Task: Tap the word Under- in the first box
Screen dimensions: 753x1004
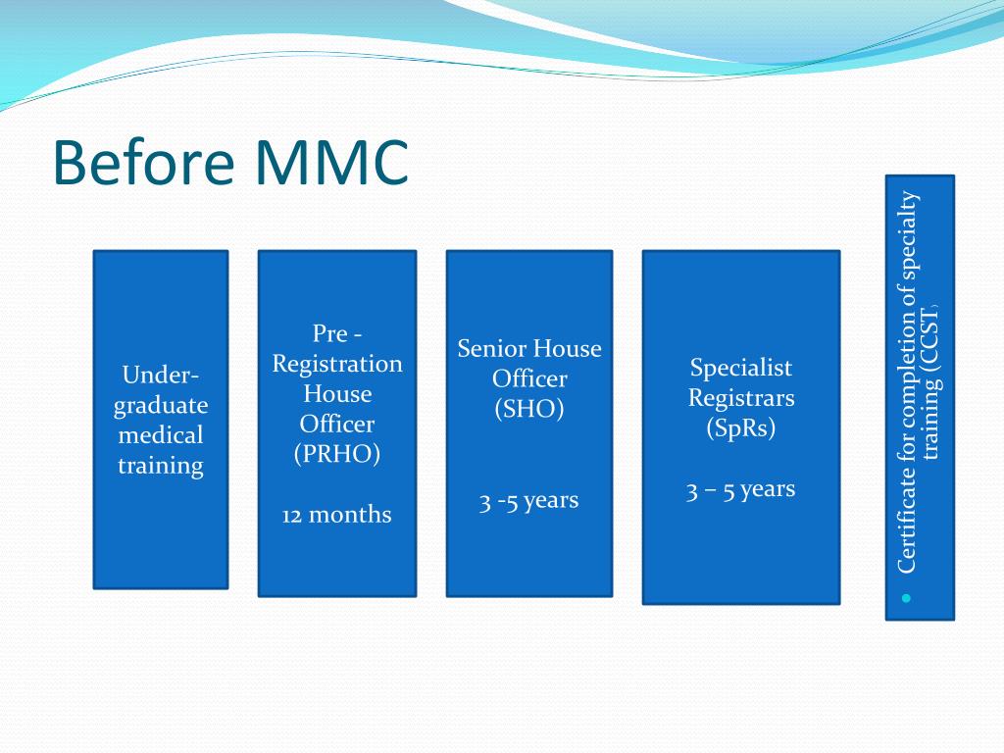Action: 161,375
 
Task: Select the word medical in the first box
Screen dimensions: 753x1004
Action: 161,435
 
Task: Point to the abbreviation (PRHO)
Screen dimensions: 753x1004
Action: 336,455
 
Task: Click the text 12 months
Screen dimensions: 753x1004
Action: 336,515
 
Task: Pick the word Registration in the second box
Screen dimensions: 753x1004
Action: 337,364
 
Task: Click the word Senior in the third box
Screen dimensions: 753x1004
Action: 493,348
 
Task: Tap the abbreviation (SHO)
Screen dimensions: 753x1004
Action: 528,409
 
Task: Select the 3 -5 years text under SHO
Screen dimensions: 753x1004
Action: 528,500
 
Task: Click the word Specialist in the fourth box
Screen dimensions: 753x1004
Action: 740,368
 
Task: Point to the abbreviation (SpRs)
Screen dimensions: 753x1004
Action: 740,428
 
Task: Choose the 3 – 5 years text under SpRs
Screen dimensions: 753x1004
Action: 740,489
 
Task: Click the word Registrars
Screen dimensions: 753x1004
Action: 740,398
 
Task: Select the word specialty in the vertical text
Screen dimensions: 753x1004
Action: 907,236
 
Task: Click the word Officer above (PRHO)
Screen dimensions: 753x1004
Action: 336,425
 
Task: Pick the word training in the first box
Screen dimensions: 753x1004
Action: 161,466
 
